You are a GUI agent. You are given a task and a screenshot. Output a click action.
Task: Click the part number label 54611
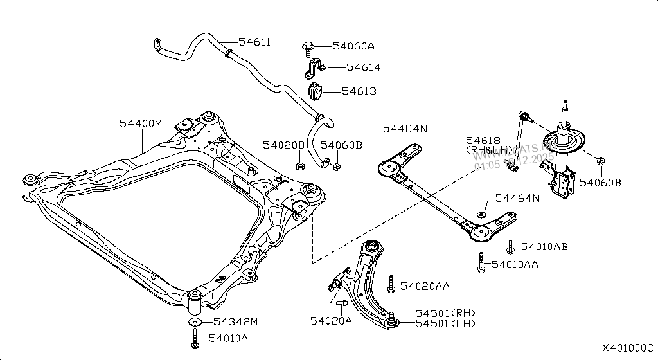pyautogui.click(x=254, y=42)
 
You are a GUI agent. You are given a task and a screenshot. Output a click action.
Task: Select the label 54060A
pyautogui.click(x=353, y=46)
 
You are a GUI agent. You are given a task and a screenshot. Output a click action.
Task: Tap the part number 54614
pyautogui.click(x=363, y=67)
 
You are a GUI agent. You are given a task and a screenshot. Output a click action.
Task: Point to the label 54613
pyautogui.click(x=359, y=91)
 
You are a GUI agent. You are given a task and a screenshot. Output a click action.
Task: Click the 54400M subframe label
pyautogui.click(x=141, y=123)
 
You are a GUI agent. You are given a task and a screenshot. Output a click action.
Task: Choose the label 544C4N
pyautogui.click(x=405, y=129)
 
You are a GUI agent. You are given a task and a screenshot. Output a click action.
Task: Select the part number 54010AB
pyautogui.click(x=544, y=246)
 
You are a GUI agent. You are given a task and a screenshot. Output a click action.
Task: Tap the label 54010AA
pyautogui.click(x=515, y=264)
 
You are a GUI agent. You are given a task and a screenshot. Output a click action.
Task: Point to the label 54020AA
pyautogui.click(x=425, y=285)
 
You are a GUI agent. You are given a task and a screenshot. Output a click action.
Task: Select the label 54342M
pyautogui.click(x=235, y=321)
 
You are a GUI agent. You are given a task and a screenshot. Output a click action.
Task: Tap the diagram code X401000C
pyautogui.click(x=627, y=348)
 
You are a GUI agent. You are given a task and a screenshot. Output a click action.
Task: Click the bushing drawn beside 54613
pyautogui.click(x=315, y=91)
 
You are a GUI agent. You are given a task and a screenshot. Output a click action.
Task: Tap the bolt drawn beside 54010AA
pyautogui.click(x=481, y=264)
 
